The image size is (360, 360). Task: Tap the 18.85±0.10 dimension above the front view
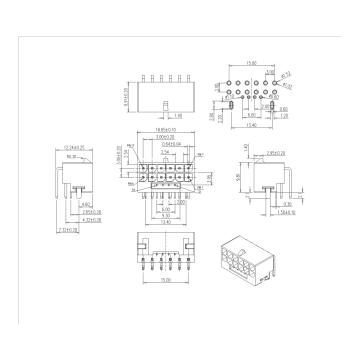tap(157, 130)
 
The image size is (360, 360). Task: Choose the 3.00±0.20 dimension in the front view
tap(157, 137)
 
